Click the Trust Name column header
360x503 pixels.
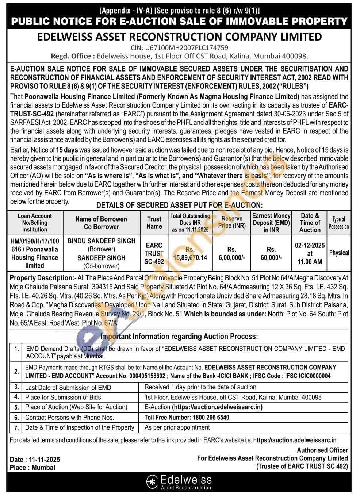(x=154, y=223)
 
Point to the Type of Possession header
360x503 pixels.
(x=338, y=223)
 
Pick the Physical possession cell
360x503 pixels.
(x=339, y=253)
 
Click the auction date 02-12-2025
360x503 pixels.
(x=310, y=245)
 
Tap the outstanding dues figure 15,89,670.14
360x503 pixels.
(x=190, y=257)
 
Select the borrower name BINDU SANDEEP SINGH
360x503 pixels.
(x=102, y=241)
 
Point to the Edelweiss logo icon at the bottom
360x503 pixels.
(x=152, y=481)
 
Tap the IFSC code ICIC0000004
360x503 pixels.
(x=314, y=376)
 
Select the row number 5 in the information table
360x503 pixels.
(x=16, y=407)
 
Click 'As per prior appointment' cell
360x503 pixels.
(x=177, y=427)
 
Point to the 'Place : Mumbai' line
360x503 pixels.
(x=32, y=468)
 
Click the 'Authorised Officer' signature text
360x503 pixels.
(x=322, y=450)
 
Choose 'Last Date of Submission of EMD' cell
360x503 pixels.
(x=68, y=388)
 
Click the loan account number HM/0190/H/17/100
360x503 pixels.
(x=35, y=241)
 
